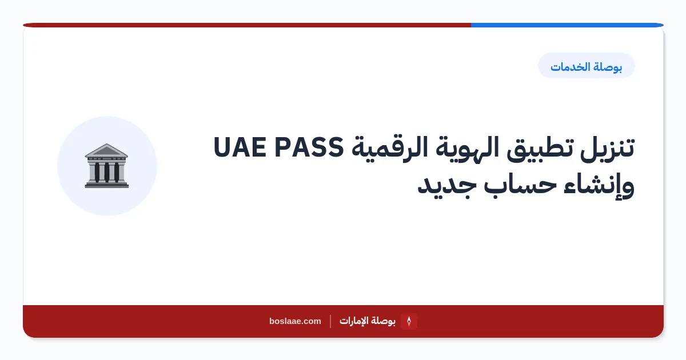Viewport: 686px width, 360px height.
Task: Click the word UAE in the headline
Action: pos(240,147)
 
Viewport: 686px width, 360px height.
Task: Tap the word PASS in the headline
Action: pos(309,147)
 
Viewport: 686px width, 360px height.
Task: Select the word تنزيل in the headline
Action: pos(607,148)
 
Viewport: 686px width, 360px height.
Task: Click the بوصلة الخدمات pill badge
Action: pos(586,66)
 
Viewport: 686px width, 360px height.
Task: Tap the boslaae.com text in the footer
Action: pos(295,321)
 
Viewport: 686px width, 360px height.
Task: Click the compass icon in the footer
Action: pos(409,321)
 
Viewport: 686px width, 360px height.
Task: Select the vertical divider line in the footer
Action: pos(330,321)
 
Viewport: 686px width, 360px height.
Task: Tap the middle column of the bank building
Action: pos(107,172)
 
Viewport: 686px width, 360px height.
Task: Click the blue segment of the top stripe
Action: pos(567,25)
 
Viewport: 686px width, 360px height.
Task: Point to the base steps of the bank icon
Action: pos(107,185)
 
